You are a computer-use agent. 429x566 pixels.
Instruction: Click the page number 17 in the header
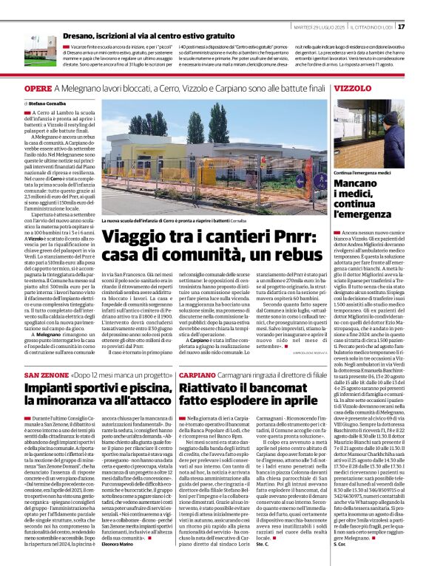422,27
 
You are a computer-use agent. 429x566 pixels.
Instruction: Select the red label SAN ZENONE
27,376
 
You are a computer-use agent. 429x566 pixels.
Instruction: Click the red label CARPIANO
195,376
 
